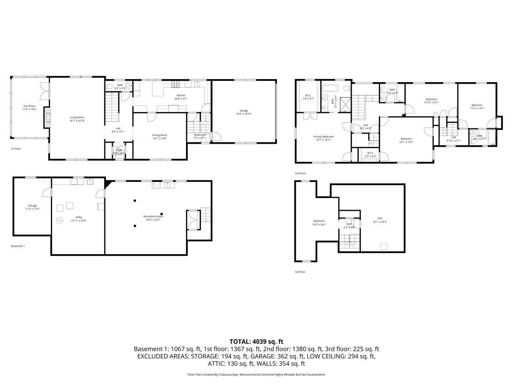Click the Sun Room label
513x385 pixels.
coord(29,106)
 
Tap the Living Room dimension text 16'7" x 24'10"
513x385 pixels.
coord(77,121)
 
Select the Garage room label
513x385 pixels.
coord(244,110)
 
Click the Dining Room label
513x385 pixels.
coord(159,135)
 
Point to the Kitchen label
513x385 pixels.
coord(181,95)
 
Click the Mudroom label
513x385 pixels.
coord(200,135)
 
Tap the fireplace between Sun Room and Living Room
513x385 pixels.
coord(47,118)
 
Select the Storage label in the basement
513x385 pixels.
coord(32,206)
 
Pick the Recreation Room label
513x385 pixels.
coord(153,216)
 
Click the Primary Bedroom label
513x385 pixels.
coord(323,136)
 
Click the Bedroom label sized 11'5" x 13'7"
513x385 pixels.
coord(477,105)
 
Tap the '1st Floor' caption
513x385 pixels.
coord(16,149)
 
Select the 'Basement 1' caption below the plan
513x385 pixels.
coord(18,246)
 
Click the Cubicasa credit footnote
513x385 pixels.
coord(256,374)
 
